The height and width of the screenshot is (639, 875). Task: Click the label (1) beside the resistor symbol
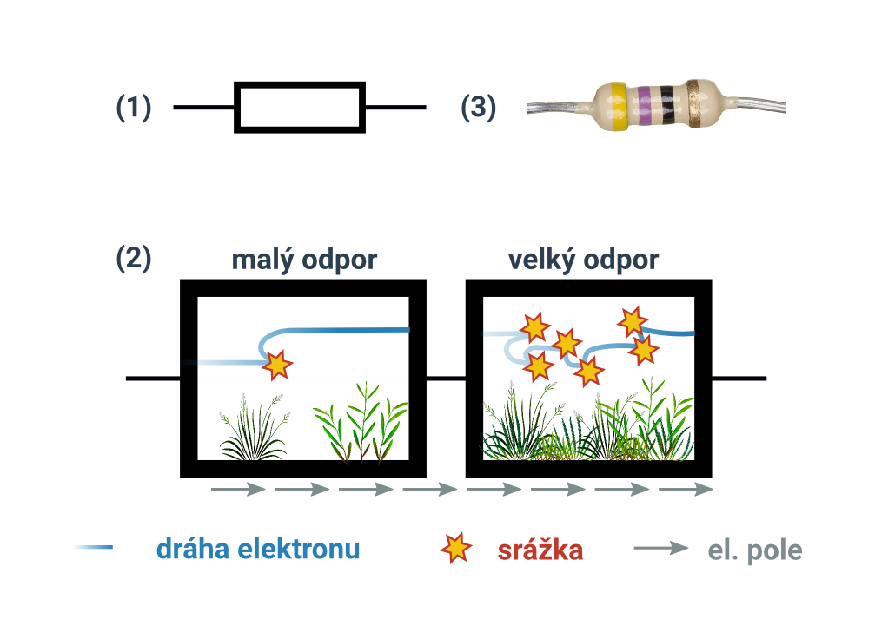133,107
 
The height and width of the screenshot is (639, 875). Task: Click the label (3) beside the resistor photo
478,107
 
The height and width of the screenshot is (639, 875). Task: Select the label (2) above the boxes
133,258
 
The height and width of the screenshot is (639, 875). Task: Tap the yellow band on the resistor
617,107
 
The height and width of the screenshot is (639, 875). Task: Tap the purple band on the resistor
645,106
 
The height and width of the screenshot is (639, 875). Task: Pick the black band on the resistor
666,106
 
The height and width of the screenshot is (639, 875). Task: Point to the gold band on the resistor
693,103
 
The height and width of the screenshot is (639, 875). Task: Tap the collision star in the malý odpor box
277,366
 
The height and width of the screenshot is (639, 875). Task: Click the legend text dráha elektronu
258,549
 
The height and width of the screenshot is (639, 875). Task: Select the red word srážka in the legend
540,550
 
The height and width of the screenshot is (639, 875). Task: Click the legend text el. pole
755,550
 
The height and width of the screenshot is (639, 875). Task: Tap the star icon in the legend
456,548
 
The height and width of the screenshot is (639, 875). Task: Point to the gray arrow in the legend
661,548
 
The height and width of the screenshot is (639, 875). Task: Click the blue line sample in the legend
94,547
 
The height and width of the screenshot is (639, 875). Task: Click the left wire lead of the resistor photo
558,108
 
